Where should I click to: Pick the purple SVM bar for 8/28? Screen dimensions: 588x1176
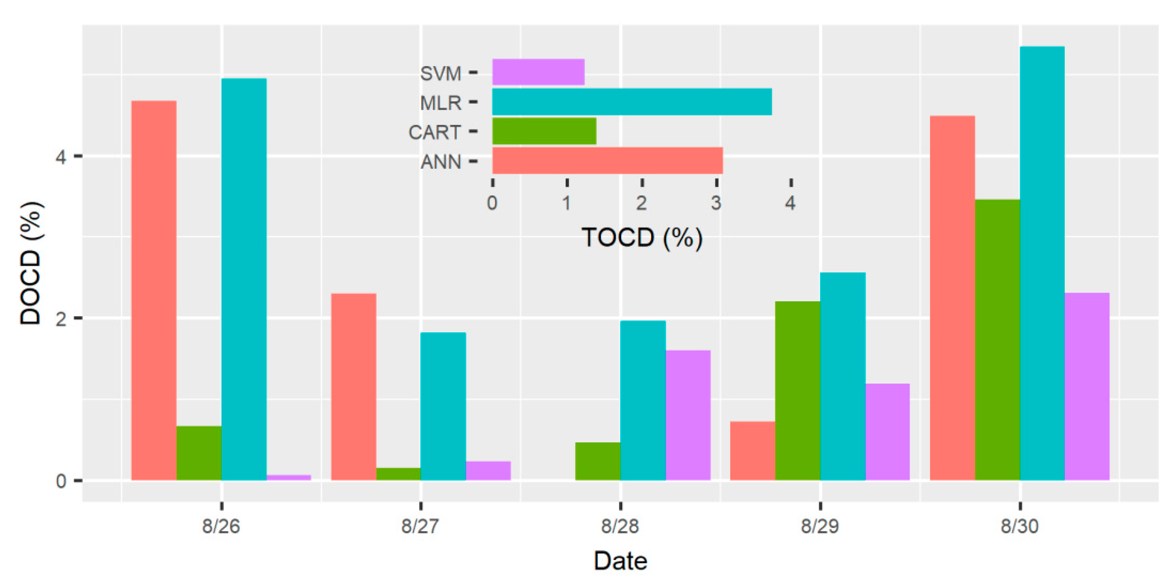click(688, 415)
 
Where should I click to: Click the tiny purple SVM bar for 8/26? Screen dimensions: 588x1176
click(289, 477)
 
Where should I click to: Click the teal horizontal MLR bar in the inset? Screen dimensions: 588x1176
click(632, 102)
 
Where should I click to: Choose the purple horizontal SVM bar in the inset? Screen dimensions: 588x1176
click(538, 72)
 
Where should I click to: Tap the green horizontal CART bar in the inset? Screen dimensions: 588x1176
click(544, 131)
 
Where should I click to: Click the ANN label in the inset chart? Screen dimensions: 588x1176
click(441, 162)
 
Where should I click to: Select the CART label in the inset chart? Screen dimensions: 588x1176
click(434, 132)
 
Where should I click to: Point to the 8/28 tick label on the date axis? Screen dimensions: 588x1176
click(620, 526)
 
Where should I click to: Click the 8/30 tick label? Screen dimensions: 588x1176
click(1020, 526)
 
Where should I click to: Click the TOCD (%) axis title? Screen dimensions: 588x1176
click(641, 237)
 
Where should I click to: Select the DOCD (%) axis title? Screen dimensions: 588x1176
click(31, 263)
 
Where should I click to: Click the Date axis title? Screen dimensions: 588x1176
click(620, 561)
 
